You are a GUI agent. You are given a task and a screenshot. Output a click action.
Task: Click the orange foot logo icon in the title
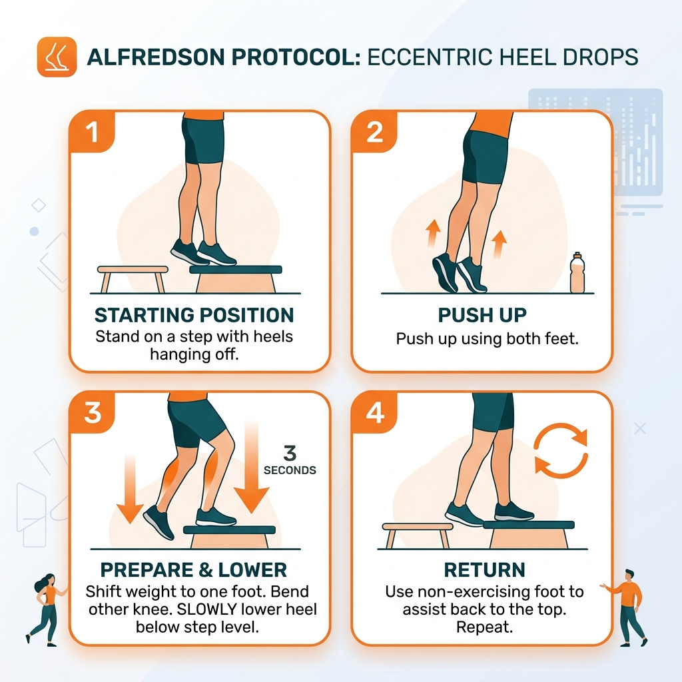tap(57, 57)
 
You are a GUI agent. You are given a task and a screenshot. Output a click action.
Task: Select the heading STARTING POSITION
tap(194, 315)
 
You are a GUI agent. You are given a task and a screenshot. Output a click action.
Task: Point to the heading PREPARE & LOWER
tap(193, 570)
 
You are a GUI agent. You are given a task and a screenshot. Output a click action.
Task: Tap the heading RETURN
tap(484, 570)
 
